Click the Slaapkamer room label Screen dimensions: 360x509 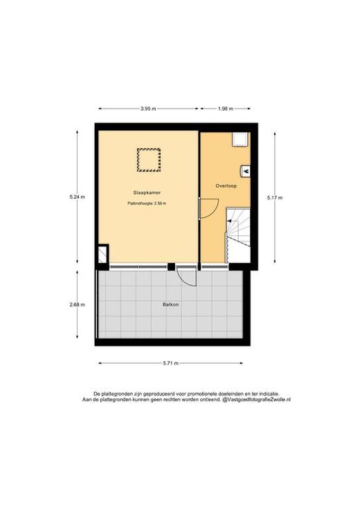147,193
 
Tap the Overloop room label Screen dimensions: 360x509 226,186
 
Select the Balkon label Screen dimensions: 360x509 171,305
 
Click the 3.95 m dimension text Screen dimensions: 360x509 148,109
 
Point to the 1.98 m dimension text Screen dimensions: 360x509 225,109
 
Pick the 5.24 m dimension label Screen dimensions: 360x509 78,197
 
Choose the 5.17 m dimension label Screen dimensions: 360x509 275,197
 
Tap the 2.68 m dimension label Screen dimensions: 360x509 78,305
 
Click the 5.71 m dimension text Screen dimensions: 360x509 171,364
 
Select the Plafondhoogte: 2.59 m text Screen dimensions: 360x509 147,204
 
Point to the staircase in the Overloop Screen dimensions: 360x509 238,235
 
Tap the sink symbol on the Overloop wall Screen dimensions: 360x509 245,171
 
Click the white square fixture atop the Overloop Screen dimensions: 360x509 241,140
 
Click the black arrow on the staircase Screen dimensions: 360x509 230,221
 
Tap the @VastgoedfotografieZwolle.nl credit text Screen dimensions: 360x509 256,400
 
